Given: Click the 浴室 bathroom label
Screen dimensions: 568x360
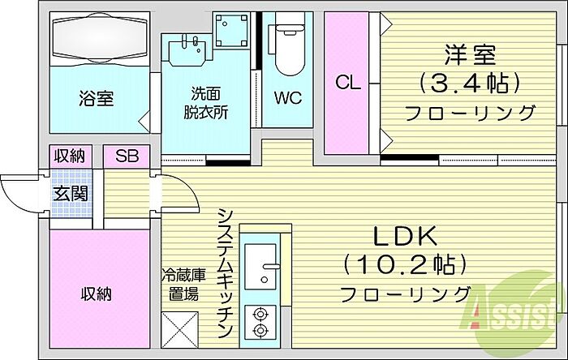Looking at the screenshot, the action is [96, 98].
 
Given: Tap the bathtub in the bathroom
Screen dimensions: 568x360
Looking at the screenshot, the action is [100, 39].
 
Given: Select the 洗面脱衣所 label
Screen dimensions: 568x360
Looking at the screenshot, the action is [205, 103].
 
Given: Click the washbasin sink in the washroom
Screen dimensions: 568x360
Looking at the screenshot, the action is [187, 50].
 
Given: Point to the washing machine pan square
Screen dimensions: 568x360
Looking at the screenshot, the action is [230, 30].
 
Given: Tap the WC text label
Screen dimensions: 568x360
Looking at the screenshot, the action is [287, 97].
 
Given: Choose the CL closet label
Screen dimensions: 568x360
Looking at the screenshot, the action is [348, 83].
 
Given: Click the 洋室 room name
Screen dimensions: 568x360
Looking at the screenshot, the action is [470, 55].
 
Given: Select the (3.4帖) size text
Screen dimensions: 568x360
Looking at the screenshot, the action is [470, 84].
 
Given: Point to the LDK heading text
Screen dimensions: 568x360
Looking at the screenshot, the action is [405, 237].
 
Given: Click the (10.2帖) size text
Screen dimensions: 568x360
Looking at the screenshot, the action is [405, 264].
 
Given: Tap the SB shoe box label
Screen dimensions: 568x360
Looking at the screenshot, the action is [127, 156].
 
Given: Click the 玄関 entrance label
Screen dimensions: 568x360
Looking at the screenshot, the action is [71, 194].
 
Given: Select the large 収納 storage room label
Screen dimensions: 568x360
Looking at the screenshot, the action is [96, 294].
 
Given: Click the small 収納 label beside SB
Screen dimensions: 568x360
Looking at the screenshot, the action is [70, 156].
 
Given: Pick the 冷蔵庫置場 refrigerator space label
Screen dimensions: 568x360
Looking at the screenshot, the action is [183, 285].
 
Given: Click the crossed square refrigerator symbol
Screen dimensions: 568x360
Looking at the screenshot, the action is [180, 330].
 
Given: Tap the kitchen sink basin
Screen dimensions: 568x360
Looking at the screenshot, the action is [260, 267].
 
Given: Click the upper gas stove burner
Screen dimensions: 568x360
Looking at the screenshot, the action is [260, 314].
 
